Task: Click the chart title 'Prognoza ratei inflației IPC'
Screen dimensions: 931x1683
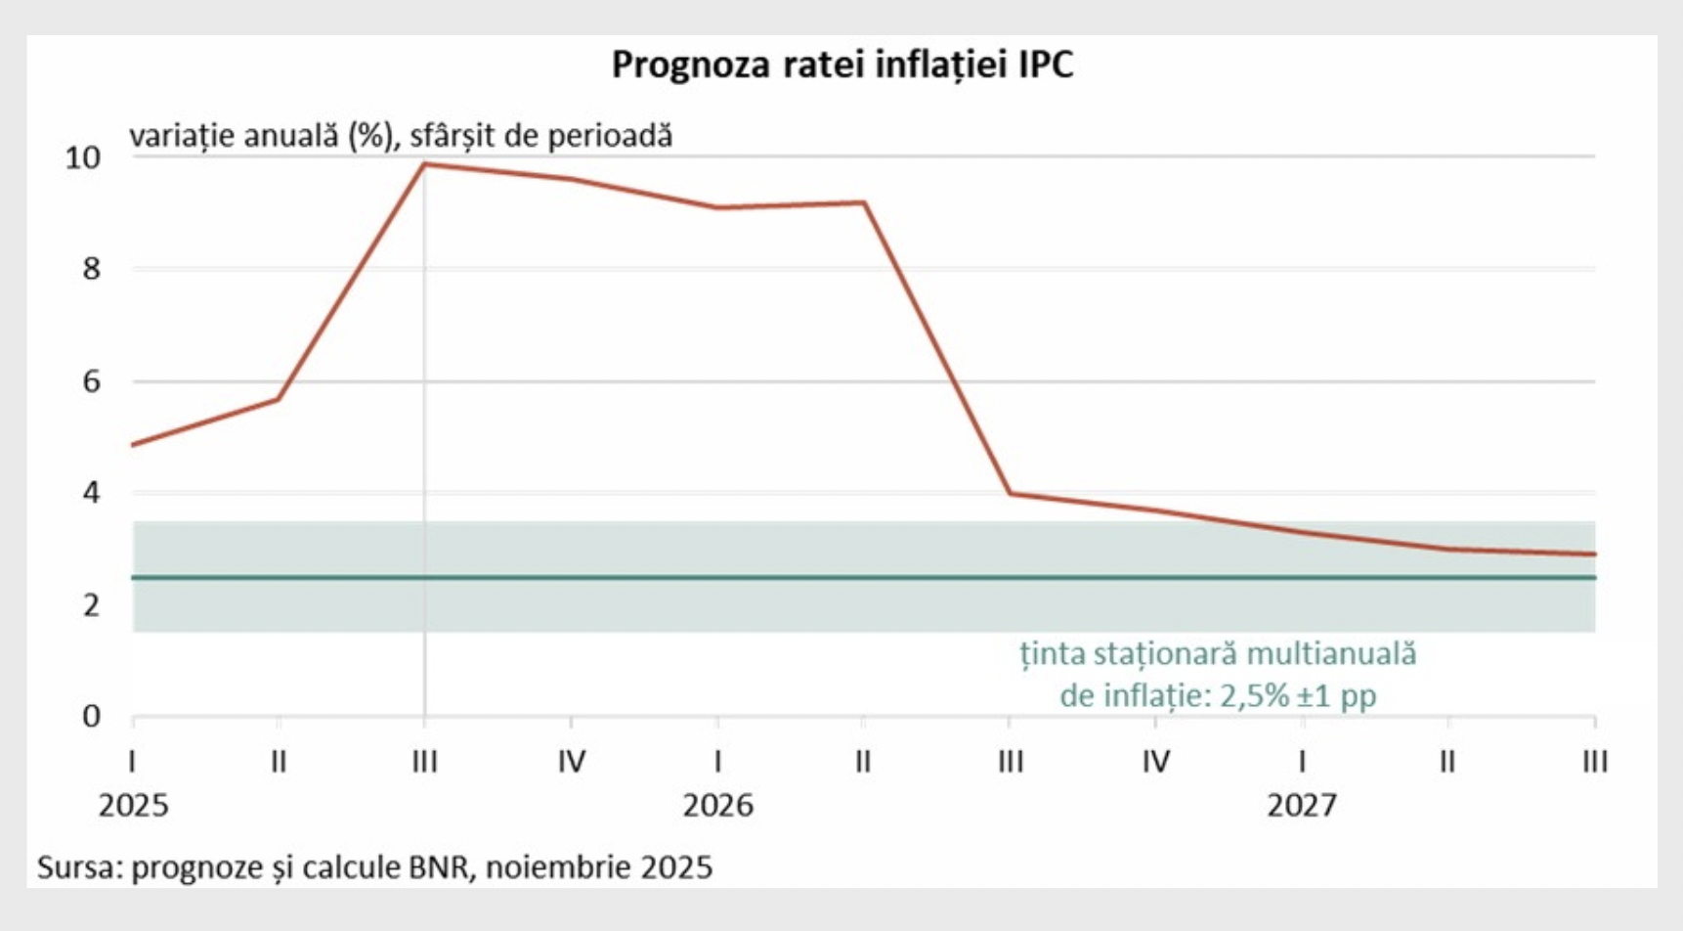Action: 842,65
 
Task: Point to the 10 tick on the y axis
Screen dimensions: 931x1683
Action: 83,157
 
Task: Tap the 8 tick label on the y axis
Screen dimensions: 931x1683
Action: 92,269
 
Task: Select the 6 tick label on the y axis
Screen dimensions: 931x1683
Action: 92,381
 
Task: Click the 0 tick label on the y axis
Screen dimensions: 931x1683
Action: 92,717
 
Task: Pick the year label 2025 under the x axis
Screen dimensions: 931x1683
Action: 133,806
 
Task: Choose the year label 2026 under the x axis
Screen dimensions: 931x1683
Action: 717,806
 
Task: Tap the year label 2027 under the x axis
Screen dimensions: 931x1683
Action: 1302,806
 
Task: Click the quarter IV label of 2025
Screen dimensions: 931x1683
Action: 572,761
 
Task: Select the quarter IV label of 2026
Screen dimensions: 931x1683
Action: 1156,761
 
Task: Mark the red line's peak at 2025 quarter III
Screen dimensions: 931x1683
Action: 425,164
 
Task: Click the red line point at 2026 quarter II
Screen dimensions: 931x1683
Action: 864,202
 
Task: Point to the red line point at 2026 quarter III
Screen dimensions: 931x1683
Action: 1010,494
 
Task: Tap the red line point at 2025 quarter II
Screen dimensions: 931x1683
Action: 279,398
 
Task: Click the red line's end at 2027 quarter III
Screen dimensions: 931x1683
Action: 1594,554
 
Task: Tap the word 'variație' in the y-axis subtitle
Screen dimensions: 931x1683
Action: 181,135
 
